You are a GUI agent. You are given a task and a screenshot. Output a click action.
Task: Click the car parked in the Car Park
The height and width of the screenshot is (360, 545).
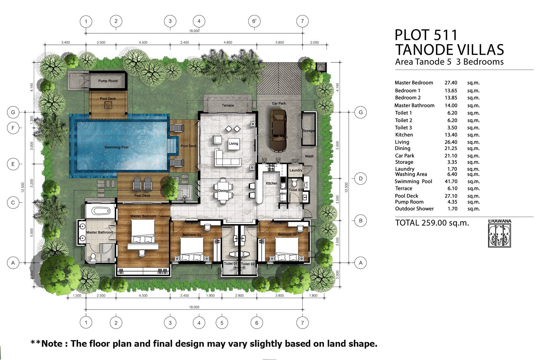pos(278,131)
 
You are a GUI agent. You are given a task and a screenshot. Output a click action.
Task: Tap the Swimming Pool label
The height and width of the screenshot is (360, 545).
pos(117,147)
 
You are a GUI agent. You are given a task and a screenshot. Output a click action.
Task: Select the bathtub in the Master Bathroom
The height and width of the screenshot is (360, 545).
pos(101,211)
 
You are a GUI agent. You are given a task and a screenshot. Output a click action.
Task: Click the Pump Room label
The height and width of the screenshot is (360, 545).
pos(108,81)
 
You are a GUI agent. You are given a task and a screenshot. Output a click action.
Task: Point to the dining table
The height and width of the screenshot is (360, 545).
pos(223,191)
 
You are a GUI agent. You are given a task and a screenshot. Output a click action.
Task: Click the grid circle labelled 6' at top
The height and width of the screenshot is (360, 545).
pos(254,21)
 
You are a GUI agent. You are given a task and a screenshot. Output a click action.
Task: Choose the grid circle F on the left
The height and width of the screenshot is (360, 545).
pos(13,128)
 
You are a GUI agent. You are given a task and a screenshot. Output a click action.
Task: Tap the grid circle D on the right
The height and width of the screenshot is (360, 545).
pos(361,178)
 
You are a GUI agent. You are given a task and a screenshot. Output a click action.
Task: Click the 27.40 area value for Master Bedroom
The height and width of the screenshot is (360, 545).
pos(451,83)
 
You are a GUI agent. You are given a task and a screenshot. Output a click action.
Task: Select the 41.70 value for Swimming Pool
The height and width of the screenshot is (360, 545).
pos(451,182)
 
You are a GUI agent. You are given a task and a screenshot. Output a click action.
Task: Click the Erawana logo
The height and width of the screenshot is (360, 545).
pos(500,233)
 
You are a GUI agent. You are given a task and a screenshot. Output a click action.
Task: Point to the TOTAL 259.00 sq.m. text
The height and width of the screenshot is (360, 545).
pos(432,223)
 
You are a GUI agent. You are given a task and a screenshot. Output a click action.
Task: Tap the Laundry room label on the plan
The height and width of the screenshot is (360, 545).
pos(296,170)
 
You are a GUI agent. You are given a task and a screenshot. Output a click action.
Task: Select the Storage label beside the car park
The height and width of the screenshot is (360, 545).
pos(309,131)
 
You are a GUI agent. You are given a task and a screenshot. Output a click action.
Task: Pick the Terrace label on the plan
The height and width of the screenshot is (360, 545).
pos(228,105)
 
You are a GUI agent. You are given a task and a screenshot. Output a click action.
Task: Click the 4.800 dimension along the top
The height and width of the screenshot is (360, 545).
pos(228,42)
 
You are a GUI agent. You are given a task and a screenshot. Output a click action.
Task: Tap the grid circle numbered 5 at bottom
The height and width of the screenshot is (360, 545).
pos(222,323)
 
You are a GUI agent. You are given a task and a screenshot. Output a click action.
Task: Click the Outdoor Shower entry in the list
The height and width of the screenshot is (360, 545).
pos(414,209)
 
